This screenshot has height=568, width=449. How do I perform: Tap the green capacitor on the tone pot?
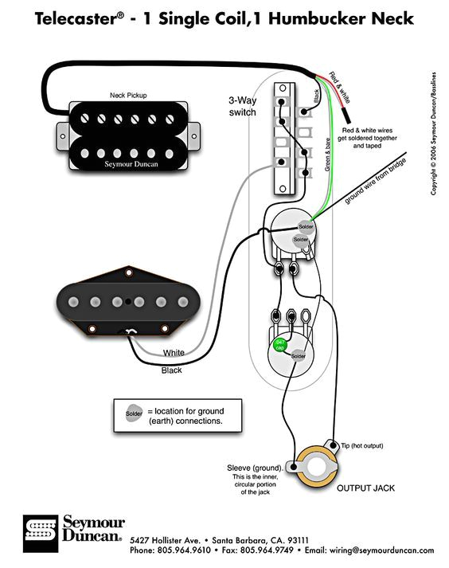[280, 345]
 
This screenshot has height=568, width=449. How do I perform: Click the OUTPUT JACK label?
[365, 487]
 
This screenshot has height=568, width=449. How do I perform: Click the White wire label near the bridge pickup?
[174, 353]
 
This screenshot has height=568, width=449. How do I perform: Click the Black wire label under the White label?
[171, 370]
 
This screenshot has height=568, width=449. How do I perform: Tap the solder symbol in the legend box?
[134, 414]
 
